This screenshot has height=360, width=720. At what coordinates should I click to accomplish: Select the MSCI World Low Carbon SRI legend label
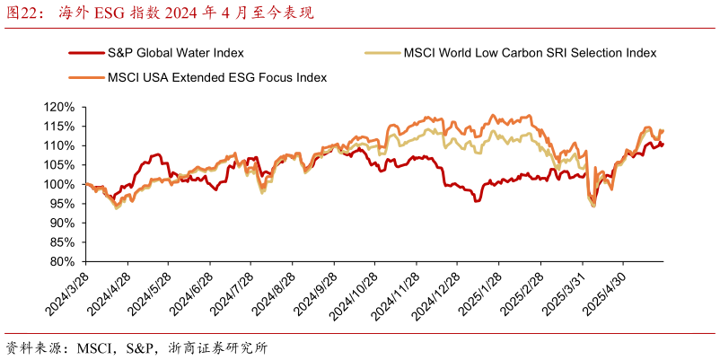[x=531, y=53]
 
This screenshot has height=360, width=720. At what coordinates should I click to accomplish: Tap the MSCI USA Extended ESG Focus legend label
[x=216, y=77]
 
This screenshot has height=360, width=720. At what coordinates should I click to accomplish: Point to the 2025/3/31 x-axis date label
[x=564, y=292]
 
